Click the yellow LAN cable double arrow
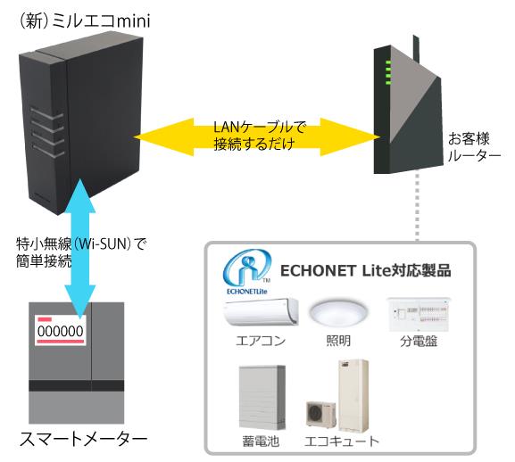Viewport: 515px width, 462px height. click(x=256, y=137)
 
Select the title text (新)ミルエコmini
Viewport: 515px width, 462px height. click(x=86, y=21)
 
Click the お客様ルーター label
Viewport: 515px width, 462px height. click(x=474, y=147)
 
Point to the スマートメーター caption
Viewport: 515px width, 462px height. click(x=83, y=440)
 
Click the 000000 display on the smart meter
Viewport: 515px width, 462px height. click(x=61, y=331)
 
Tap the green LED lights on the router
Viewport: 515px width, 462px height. click(x=388, y=72)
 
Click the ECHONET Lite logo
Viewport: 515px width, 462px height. click(x=246, y=272)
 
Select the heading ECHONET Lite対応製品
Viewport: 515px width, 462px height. click(x=366, y=271)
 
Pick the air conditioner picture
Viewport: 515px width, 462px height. click(x=262, y=312)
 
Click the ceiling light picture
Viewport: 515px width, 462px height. click(x=337, y=313)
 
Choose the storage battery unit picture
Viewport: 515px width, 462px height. click(x=262, y=398)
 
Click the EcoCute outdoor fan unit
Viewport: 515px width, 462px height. click(x=321, y=414)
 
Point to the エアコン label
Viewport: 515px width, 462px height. click(x=261, y=341)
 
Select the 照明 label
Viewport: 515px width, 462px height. click(x=338, y=341)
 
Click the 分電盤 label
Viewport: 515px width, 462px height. click(x=419, y=342)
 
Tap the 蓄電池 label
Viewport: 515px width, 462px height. click(x=261, y=441)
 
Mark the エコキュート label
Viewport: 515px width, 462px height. click(x=342, y=441)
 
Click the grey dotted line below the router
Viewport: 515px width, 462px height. click(x=417, y=207)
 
